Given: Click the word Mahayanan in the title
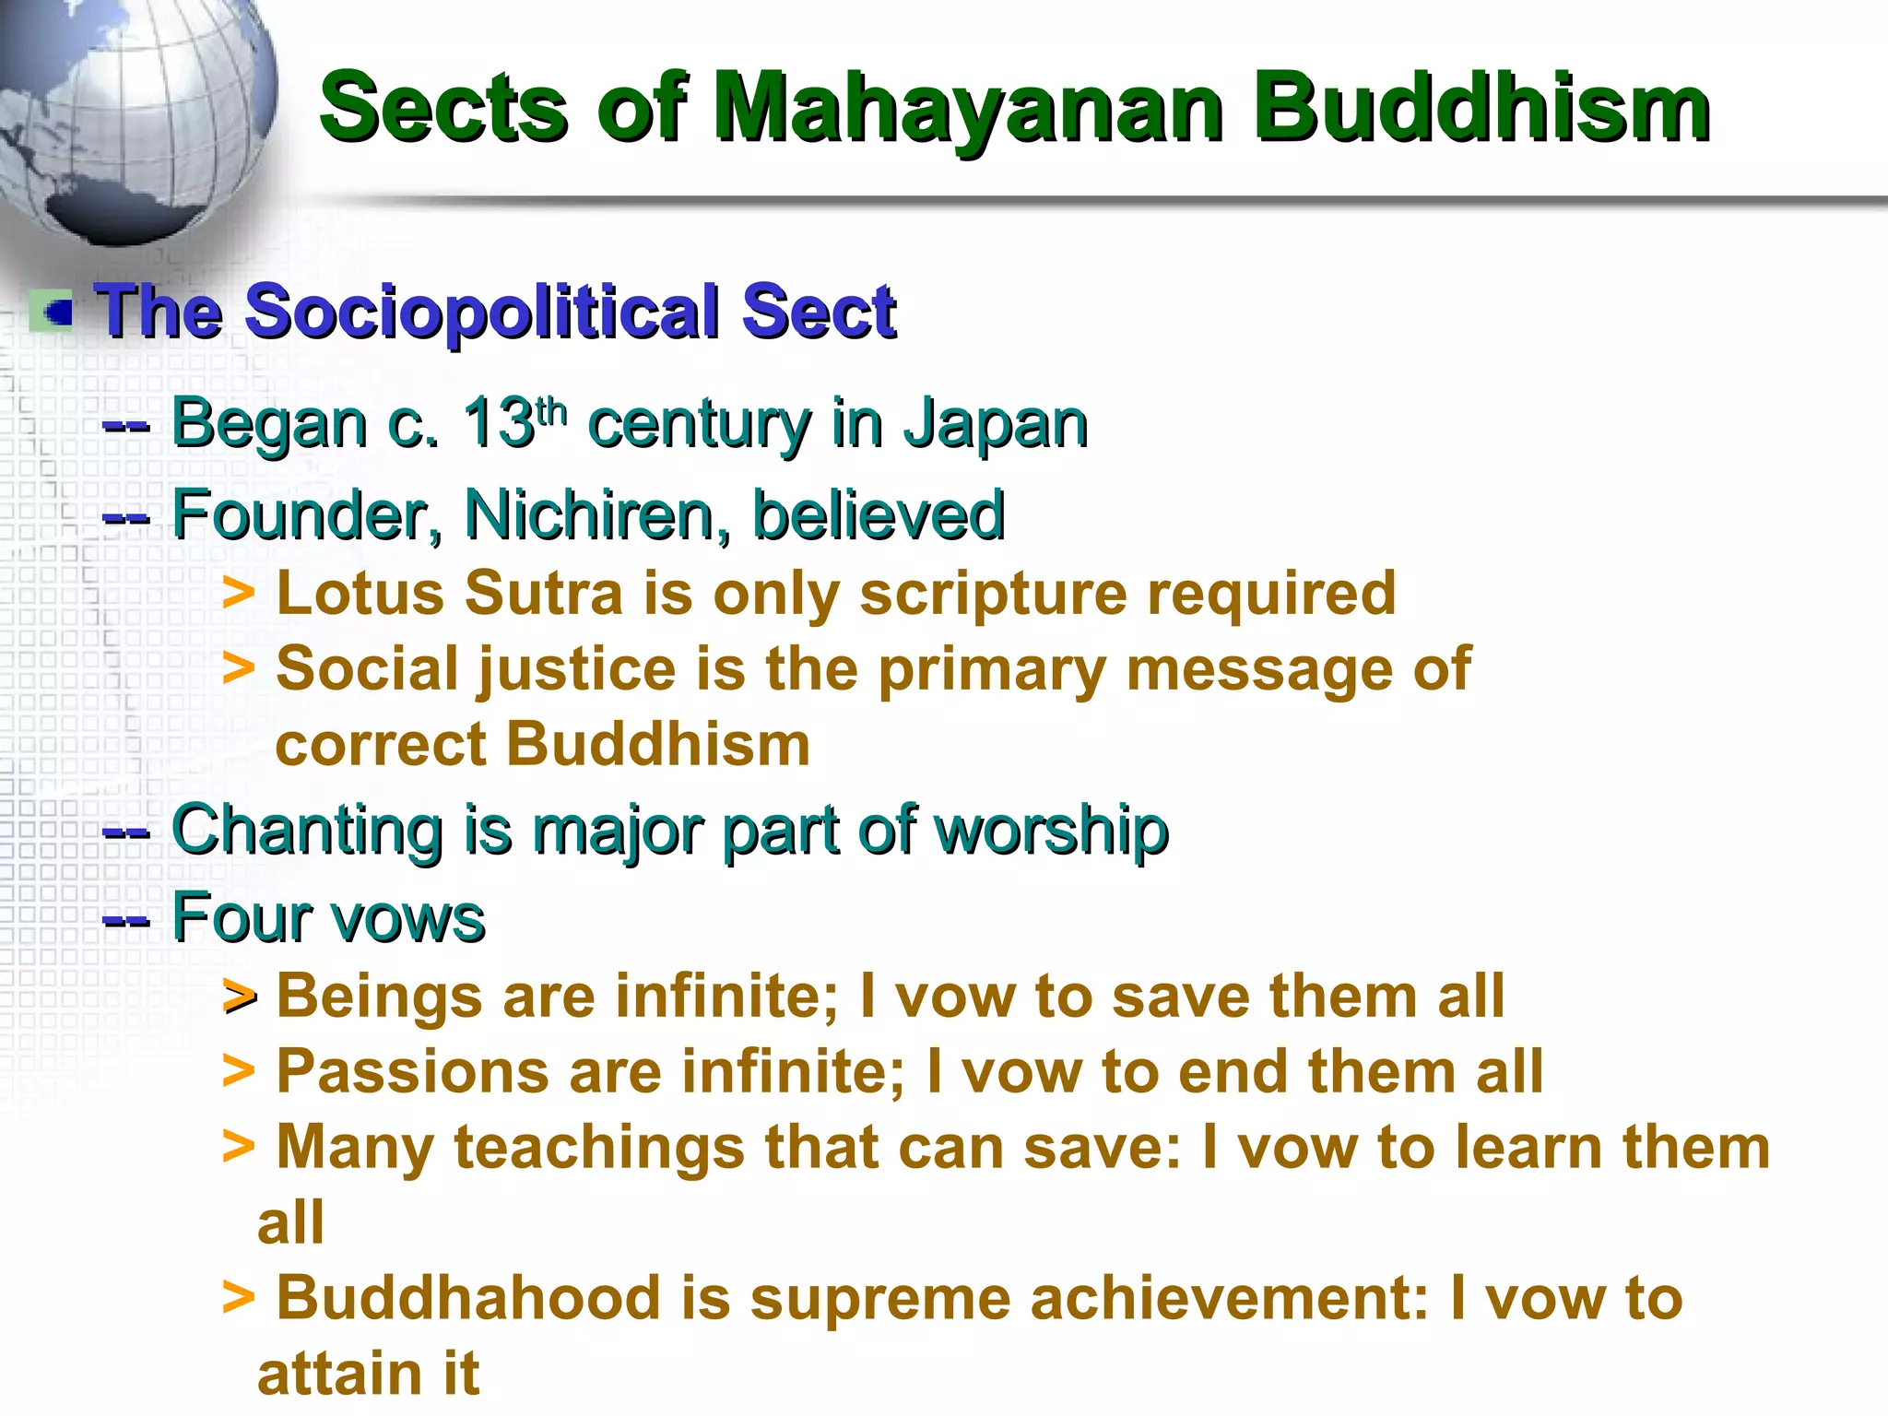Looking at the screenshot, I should tap(968, 111).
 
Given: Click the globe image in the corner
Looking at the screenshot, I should tap(129, 111).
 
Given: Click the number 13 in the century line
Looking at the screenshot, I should tap(498, 424).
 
